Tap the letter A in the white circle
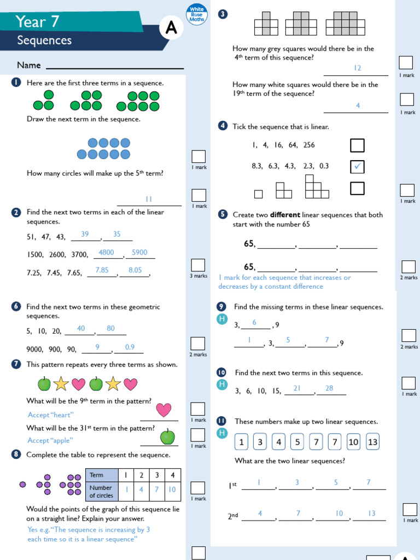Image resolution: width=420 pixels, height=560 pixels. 171,29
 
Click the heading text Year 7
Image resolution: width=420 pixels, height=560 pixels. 37,21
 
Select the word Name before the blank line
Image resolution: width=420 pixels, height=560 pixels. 29,65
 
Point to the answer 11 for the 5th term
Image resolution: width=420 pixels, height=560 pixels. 148,199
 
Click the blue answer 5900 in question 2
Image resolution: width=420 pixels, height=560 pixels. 139,253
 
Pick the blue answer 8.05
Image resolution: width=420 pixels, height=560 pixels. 135,270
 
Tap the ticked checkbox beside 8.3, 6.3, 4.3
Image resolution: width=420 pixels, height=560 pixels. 357,166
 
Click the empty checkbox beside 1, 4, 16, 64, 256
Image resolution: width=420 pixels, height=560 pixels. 357,145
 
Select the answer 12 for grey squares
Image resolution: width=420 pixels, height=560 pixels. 358,68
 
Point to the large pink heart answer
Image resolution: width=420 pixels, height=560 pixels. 164,410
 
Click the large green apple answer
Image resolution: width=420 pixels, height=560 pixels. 167,436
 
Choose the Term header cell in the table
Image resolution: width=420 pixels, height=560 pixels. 102,475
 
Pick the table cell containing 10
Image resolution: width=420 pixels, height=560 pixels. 172,489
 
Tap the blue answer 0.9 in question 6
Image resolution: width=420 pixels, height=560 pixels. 130,347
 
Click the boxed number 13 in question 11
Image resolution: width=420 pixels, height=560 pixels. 372,442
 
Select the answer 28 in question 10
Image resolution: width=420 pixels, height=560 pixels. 329,388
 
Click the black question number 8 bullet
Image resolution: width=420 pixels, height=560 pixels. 16,454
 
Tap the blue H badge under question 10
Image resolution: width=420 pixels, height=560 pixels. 221,384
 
